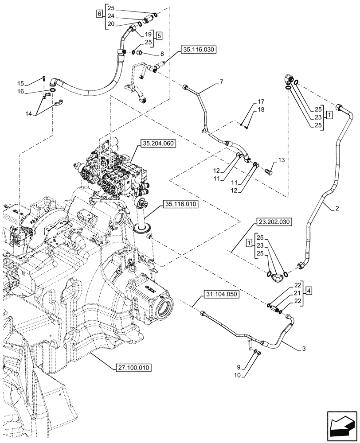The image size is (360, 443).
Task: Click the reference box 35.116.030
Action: pos(198,51)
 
